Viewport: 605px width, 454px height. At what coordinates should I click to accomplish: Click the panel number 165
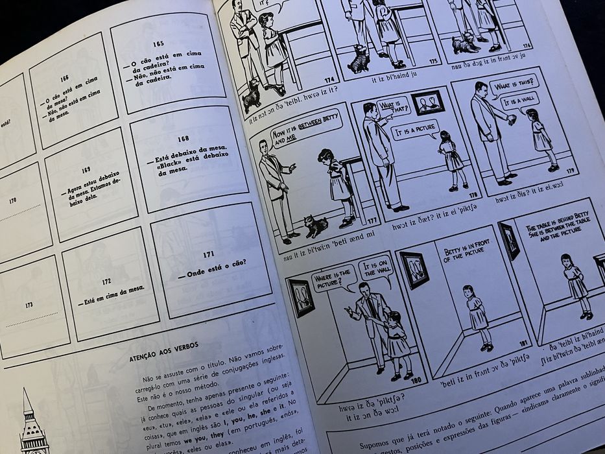[157, 43]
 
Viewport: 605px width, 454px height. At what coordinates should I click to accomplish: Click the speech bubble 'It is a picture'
[415, 130]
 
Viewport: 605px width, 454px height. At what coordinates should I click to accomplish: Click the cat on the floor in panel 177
[316, 226]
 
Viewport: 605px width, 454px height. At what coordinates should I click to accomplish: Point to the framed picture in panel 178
[428, 102]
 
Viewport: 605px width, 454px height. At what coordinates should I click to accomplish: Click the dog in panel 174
[251, 97]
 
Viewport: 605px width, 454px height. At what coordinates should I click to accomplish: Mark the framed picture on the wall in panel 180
[302, 297]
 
